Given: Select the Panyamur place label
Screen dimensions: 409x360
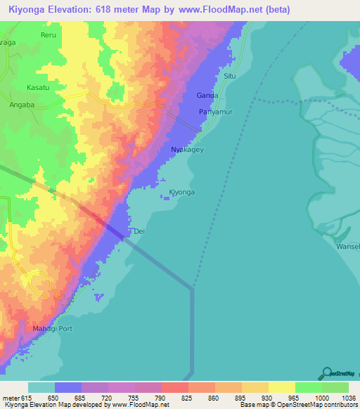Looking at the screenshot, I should click(x=215, y=112).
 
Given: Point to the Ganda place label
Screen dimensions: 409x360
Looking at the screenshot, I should click(x=207, y=95).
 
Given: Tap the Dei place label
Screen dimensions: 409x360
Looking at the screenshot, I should click(x=139, y=231).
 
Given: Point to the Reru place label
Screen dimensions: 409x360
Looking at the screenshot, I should click(x=49, y=34).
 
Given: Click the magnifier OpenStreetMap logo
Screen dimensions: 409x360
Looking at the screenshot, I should click(x=326, y=373).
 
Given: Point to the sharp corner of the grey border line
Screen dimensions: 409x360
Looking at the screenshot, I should click(x=192, y=287).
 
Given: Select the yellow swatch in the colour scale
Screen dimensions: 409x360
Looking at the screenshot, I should click(x=281, y=387).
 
